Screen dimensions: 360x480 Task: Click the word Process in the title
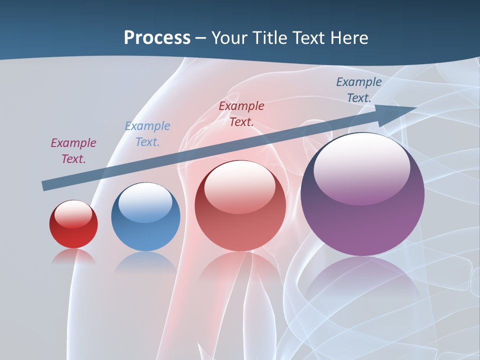[x=157, y=38]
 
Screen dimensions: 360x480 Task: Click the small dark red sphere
[x=73, y=224]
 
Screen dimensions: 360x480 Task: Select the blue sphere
[x=145, y=217]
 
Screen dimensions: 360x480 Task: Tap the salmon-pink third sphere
[x=240, y=205]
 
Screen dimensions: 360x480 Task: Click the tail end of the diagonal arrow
[x=45, y=185]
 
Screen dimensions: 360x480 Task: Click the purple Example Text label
[x=73, y=151]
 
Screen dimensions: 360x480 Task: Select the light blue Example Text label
[x=147, y=134]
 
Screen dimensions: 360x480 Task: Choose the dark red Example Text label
[x=241, y=113]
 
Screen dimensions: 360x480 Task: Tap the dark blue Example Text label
[x=359, y=90]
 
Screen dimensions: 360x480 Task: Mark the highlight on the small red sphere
[x=73, y=214]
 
